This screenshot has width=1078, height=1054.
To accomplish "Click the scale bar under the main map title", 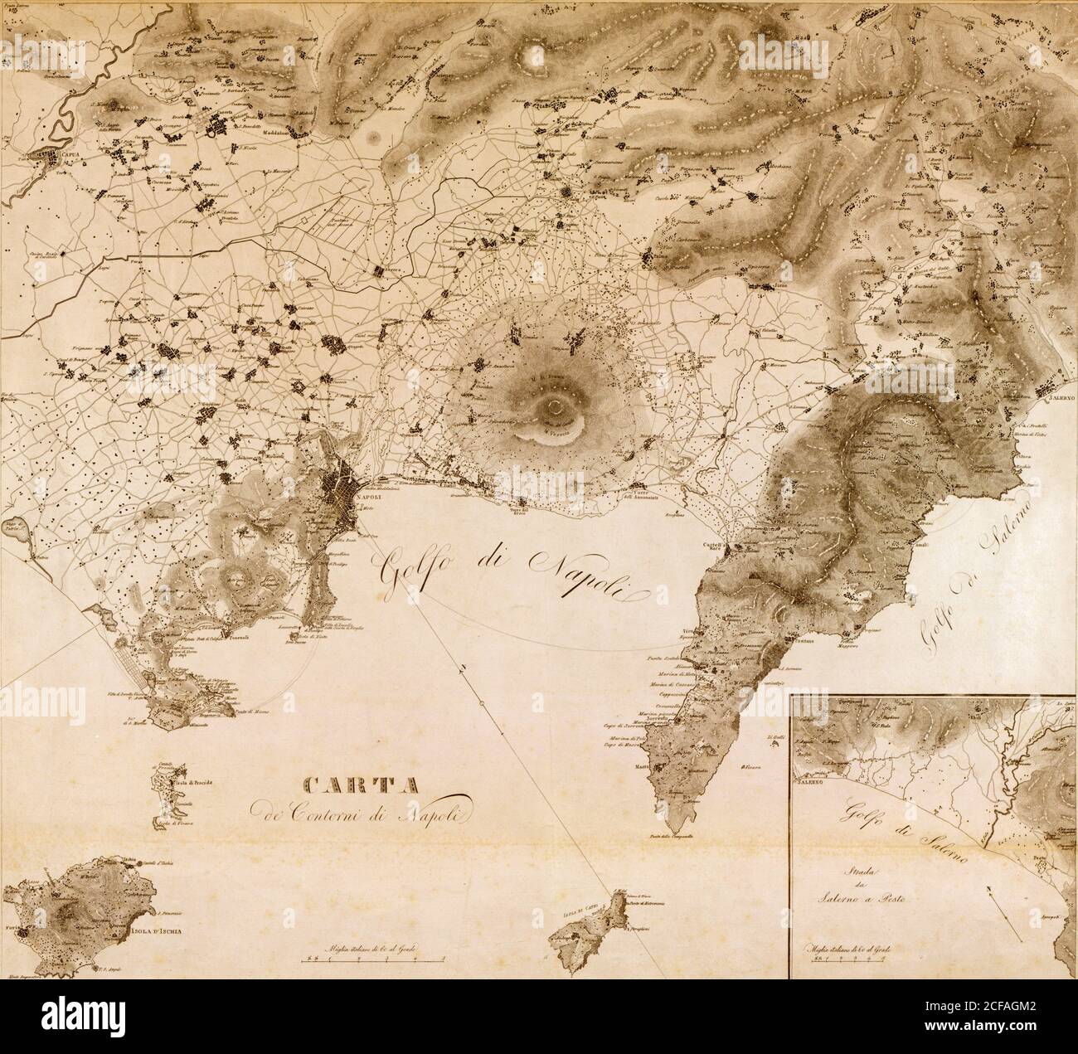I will pyautogui.click(x=376, y=957).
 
